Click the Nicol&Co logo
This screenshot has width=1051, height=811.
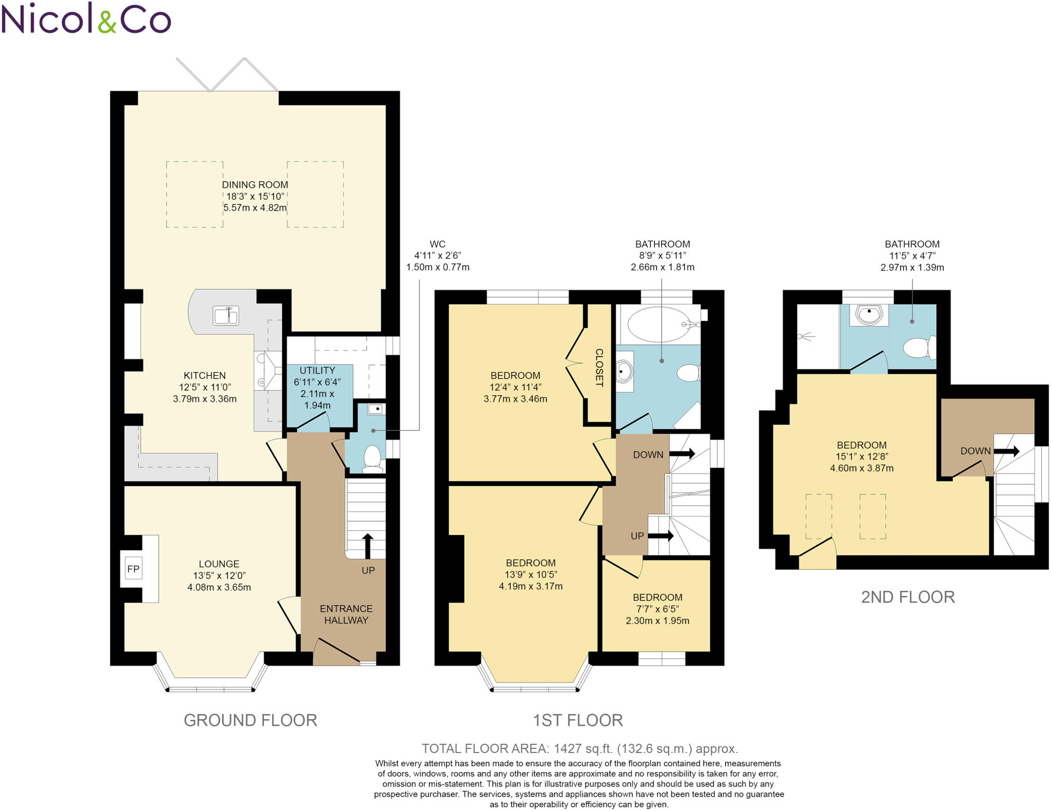(x=86, y=18)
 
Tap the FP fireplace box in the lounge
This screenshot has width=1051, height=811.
(x=133, y=568)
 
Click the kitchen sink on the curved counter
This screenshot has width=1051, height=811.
(x=226, y=316)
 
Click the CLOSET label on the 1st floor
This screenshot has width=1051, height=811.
(x=599, y=367)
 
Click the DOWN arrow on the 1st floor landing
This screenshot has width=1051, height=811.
(x=682, y=454)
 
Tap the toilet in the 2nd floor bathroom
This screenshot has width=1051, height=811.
(x=919, y=348)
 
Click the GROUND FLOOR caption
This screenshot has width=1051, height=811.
(x=250, y=720)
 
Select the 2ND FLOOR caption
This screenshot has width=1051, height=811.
(x=907, y=597)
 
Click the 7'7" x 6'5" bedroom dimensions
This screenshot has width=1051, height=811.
(x=657, y=609)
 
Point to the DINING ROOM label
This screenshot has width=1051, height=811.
(x=255, y=184)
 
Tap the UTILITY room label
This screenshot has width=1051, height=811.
(x=317, y=370)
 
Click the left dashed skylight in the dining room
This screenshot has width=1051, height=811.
(x=194, y=194)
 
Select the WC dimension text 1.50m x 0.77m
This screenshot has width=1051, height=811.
(x=437, y=267)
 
